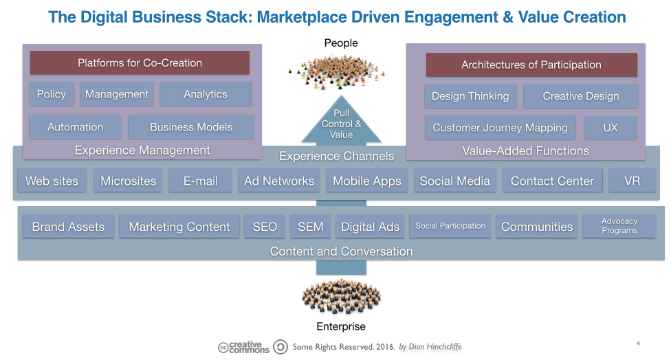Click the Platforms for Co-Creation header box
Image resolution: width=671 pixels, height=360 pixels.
(x=140, y=63)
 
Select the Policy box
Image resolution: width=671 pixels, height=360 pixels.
(x=52, y=94)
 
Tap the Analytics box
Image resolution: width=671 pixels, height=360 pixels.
(x=205, y=94)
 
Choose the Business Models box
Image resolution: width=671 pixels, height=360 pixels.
(x=191, y=127)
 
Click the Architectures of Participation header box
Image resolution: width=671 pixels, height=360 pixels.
(x=531, y=65)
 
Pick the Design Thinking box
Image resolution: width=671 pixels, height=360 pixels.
(x=470, y=96)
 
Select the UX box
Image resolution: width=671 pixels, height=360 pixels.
(x=610, y=128)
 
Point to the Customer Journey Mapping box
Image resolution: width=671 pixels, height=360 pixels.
(x=500, y=128)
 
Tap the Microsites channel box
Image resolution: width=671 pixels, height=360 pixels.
(x=128, y=181)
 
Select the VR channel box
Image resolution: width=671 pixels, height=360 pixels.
(x=632, y=181)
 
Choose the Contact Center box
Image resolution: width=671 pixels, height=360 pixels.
(x=552, y=181)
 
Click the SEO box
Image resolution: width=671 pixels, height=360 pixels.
(x=265, y=227)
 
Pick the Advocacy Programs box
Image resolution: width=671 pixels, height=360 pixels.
(x=619, y=226)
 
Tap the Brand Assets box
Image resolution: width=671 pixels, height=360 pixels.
(x=68, y=227)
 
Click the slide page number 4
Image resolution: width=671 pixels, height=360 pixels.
(x=638, y=343)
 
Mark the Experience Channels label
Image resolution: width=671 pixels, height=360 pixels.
(x=336, y=157)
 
